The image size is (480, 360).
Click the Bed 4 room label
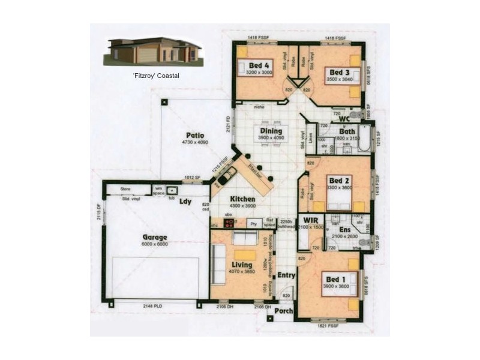[259, 64]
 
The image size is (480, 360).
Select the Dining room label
[271, 131]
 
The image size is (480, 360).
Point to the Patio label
[195, 136]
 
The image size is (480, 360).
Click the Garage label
[155, 237]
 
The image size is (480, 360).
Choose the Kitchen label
[244, 199]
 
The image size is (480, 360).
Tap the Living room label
[242, 265]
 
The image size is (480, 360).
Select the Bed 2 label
[339, 181]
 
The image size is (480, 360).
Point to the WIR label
[311, 220]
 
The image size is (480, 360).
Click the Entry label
[286, 275]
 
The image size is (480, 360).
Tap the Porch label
[283, 311]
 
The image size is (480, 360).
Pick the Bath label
[347, 131]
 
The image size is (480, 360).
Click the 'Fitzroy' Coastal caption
[156, 76]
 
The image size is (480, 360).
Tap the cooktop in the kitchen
[229, 223]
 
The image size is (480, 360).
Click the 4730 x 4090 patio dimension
[195, 143]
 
